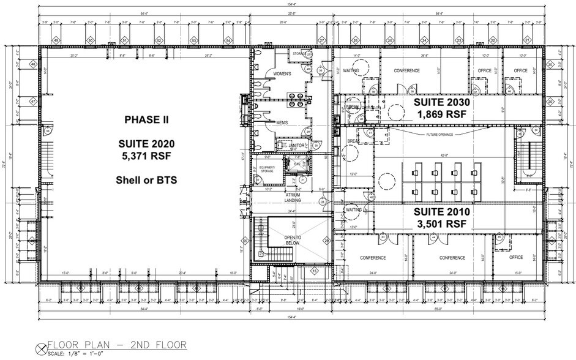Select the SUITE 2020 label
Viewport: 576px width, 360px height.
coord(146,144)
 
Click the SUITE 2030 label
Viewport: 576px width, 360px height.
coord(441,101)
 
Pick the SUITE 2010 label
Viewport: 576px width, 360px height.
coord(441,212)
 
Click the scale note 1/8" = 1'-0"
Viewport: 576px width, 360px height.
coord(88,353)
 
